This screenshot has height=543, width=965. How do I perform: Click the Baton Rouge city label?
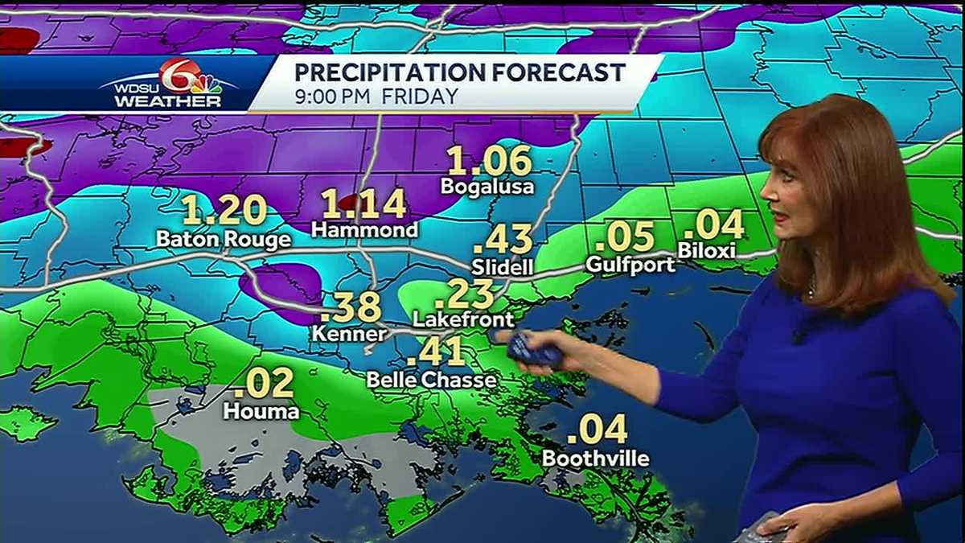[x=224, y=240]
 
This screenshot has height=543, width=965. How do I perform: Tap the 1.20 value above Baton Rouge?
[x=224, y=212]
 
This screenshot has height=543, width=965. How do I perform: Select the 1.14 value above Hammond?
[x=364, y=205]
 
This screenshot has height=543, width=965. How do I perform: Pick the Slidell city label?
[x=503, y=266]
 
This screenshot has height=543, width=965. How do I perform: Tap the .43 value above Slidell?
[x=503, y=240]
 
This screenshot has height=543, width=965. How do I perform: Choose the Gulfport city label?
[x=630, y=264]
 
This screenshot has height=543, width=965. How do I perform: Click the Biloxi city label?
[x=707, y=250]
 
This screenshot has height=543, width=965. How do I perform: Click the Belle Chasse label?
[x=431, y=379]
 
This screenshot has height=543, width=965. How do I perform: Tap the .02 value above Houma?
[x=263, y=384]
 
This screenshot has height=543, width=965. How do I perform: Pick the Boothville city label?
[x=596, y=459]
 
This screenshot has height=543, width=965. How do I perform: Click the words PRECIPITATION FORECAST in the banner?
[x=459, y=72]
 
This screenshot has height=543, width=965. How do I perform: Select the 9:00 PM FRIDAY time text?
[x=376, y=97]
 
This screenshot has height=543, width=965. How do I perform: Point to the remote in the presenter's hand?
[x=532, y=349]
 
